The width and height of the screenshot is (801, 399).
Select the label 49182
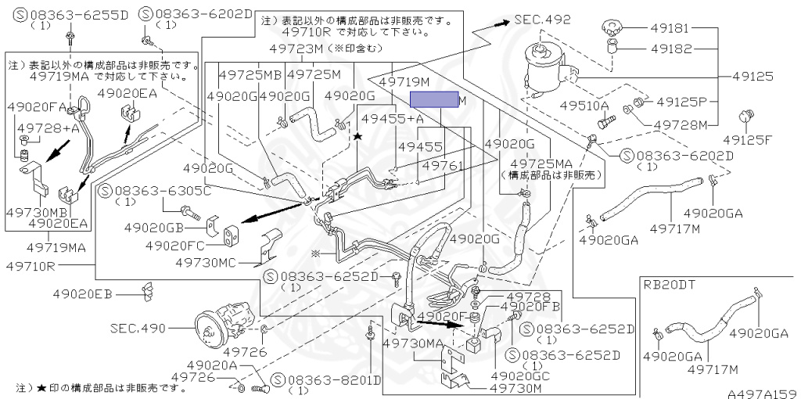[669, 49]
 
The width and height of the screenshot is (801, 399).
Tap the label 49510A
[584, 106]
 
